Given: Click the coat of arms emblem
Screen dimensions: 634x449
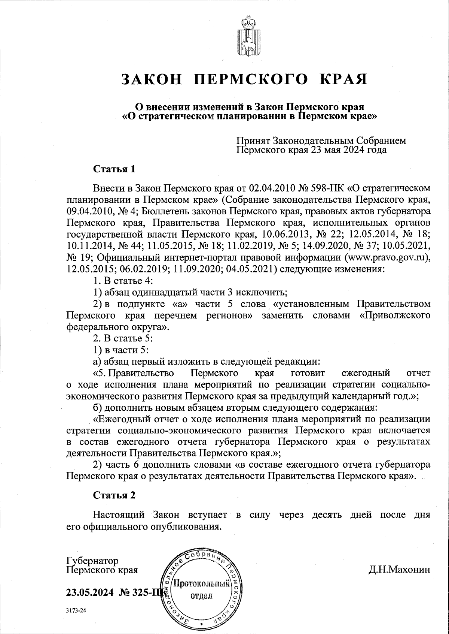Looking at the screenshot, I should [x=247, y=37].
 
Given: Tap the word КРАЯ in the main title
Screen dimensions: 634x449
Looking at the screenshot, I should [x=342, y=79].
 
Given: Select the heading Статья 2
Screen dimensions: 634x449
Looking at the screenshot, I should [x=114, y=495].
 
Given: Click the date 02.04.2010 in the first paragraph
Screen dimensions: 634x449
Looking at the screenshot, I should [x=271, y=187].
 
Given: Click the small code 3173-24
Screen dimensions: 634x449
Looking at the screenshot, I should [x=76, y=610].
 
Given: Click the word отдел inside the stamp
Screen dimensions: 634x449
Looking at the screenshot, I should [x=202, y=596].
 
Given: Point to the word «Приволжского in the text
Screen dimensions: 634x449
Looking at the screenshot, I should [x=394, y=316].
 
